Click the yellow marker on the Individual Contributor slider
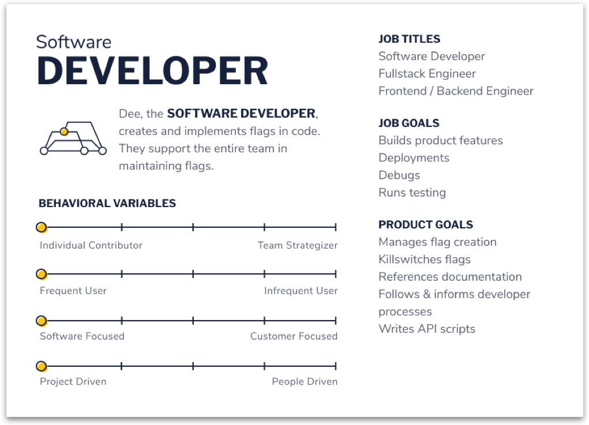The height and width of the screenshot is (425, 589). tap(42, 227)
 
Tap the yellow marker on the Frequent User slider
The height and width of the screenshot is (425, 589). tap(42, 274)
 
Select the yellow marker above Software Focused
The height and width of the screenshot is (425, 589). tap(42, 321)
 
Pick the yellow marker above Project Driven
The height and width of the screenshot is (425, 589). tap(42, 366)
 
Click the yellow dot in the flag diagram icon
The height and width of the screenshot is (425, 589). tap(64, 131)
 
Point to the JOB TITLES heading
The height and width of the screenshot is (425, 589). tap(409, 39)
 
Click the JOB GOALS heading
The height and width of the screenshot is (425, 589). tap(408, 123)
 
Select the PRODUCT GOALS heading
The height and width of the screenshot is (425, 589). tap(426, 224)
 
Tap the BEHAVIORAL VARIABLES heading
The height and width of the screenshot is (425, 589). tap(107, 203)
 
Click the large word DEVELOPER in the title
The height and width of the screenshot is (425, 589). tap(152, 71)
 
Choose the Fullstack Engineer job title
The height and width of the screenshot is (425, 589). tap(427, 74)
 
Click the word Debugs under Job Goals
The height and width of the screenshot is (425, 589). tap(399, 175)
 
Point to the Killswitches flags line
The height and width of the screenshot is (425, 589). tap(425, 259)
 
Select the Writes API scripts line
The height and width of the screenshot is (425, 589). tap(427, 329)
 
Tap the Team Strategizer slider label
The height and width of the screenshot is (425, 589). tap(298, 246)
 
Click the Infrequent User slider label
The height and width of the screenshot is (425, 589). tap(301, 291)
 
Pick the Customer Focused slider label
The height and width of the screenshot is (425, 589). tap(294, 336)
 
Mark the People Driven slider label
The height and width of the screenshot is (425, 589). tap(305, 381)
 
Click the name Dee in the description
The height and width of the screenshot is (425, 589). tap(130, 114)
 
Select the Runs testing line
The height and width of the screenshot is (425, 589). tap(412, 193)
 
